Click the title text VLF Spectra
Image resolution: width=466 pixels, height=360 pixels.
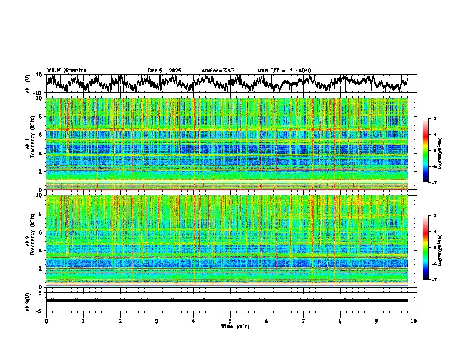pos(66,71)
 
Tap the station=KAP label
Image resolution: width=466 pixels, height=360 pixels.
pos(218,71)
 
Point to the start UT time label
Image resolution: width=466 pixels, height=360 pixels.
pos(284,71)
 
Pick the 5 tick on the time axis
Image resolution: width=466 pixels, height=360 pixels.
pos(230,321)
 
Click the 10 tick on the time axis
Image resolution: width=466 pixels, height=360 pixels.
pos(414,321)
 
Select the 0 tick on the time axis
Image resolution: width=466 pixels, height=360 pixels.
pos(46,321)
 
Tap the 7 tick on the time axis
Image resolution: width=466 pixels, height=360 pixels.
pos(304,321)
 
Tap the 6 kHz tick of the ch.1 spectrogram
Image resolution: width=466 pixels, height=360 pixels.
pos(42,135)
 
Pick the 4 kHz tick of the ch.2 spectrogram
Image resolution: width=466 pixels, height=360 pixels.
pos(42,250)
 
